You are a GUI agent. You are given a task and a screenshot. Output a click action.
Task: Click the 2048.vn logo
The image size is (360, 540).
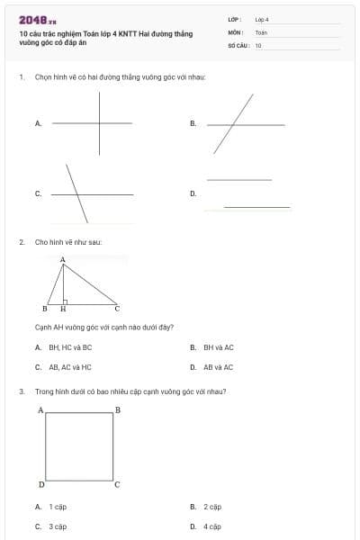click(38, 20)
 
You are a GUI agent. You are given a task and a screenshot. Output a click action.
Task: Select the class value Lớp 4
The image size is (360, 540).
click(262, 19)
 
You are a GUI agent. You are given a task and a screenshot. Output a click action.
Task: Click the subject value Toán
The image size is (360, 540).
click(261, 31)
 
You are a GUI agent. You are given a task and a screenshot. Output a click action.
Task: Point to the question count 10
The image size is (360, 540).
click(258, 44)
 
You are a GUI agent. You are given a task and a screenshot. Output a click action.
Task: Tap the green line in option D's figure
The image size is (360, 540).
click(257, 207)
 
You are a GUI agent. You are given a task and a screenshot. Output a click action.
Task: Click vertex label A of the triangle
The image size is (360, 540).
click(63, 259)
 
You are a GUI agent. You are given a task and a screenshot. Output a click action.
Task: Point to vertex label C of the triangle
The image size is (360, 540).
click(117, 309)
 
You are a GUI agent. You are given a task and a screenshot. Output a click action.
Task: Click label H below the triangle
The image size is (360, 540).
click(63, 309)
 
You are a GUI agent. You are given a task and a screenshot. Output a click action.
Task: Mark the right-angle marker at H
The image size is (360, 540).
click(66, 301)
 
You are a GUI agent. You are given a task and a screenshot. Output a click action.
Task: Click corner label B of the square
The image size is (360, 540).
click(117, 410)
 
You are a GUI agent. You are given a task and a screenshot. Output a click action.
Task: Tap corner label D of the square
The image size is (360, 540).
click(41, 485)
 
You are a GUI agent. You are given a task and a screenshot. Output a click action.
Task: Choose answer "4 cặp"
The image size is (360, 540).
click(212, 526)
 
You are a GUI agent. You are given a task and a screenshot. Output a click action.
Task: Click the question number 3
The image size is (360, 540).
click(21, 391)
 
